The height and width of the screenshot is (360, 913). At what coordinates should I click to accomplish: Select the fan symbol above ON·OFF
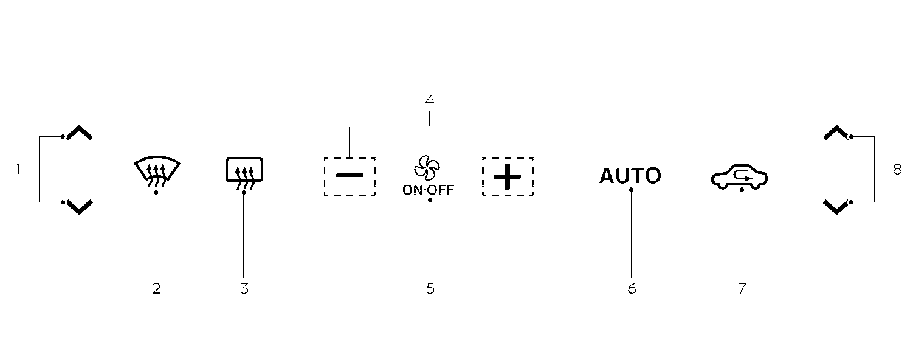429,167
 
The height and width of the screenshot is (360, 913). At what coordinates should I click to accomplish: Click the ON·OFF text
429,190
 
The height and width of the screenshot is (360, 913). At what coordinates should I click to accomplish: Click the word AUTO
630,176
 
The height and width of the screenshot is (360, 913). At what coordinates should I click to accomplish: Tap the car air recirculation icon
739,177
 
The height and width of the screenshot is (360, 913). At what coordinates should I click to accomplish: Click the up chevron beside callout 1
80,133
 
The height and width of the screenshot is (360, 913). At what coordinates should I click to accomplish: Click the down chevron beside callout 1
80,207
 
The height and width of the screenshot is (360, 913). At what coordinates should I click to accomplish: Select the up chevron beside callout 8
835,133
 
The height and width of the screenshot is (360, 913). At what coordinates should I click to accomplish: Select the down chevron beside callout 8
835,207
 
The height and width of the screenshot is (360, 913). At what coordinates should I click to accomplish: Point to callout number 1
18,170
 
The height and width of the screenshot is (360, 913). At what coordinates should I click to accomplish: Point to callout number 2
156,289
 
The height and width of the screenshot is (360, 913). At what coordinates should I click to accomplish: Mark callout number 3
244,289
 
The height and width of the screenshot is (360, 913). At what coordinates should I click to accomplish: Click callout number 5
430,289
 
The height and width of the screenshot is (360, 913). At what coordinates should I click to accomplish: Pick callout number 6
632,289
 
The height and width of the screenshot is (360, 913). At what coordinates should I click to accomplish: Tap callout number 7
742,289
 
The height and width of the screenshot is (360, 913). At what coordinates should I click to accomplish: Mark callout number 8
897,170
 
